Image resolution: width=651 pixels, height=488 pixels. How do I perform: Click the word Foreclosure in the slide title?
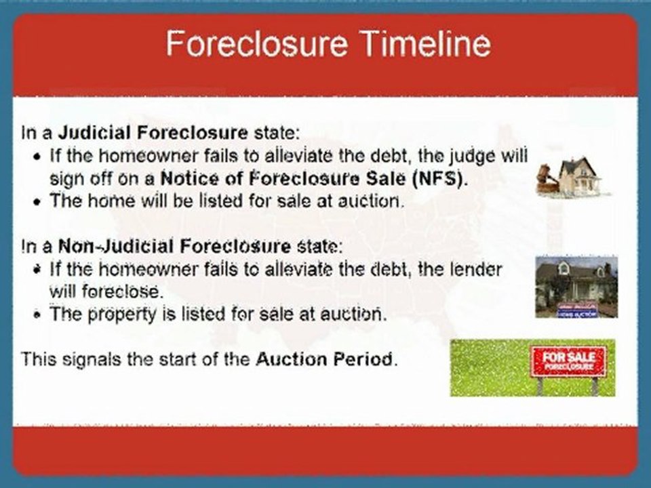tap(256, 43)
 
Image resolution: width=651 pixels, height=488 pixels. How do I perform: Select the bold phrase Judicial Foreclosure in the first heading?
tap(153, 134)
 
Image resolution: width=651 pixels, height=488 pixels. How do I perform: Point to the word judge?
tap(476, 157)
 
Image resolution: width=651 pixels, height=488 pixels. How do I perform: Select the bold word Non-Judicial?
tap(115, 247)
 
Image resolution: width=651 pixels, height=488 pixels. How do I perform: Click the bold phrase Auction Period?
tap(324, 359)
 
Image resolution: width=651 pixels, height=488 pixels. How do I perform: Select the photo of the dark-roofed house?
tap(576, 287)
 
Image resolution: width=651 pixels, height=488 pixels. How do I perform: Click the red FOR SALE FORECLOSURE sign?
tap(568, 362)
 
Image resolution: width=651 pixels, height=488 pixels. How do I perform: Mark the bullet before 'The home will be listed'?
tap(38, 202)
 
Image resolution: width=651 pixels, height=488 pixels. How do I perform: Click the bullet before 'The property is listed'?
tap(38, 315)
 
